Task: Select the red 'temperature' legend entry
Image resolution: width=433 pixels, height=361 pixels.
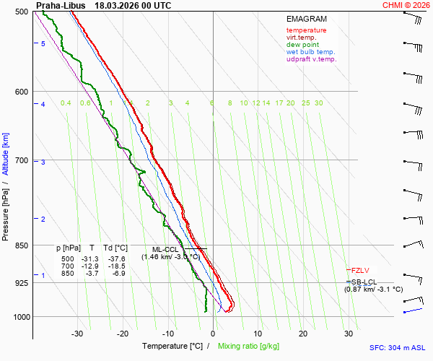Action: (306, 30)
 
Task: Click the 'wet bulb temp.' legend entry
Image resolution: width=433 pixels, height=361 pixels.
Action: (310, 52)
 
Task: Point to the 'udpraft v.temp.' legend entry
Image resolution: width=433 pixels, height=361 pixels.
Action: (311, 59)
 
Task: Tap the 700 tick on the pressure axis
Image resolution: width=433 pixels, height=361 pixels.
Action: (20, 160)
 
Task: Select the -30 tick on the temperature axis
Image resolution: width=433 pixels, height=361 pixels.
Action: (77, 334)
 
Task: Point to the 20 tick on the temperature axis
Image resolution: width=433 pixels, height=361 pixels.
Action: (303, 334)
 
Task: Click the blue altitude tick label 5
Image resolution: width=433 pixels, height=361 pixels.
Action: (43, 44)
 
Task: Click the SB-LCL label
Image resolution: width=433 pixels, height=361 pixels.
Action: (364, 282)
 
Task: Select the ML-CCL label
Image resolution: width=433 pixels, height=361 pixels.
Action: (165, 249)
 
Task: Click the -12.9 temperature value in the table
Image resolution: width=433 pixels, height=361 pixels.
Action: (91, 266)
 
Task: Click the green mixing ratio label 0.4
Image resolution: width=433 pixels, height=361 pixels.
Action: (66, 103)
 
